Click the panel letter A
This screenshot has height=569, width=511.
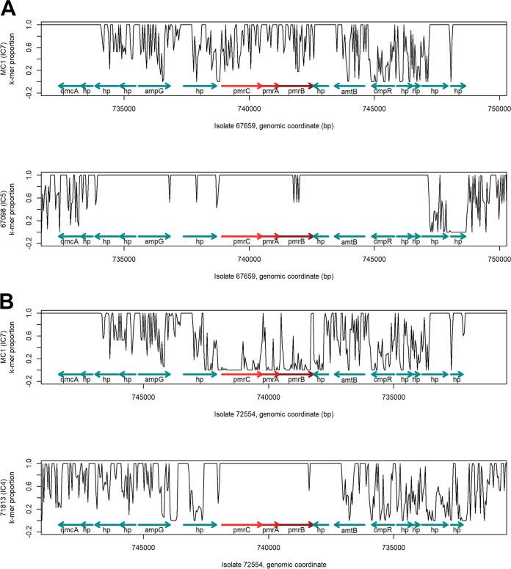(9, 10)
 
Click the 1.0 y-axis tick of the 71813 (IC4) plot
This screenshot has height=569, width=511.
(29, 463)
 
